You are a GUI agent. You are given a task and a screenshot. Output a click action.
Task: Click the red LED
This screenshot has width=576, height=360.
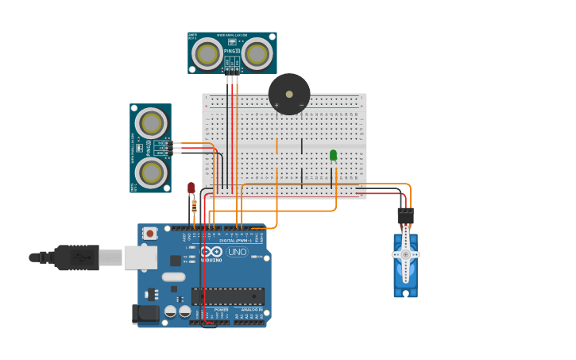pyautogui.click(x=191, y=188)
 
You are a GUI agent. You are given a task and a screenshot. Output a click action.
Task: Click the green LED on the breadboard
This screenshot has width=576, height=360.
pyautogui.click(x=333, y=155)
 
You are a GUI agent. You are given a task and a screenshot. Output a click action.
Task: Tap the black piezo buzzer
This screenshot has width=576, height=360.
pyautogui.click(x=289, y=94)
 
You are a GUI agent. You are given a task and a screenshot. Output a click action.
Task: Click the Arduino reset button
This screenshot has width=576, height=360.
pyautogui.click(x=149, y=234)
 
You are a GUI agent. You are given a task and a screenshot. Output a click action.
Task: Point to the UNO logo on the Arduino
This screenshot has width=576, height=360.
pyautogui.click(x=237, y=252)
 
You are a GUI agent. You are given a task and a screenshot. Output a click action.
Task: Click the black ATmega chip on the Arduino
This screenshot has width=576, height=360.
pyautogui.click(x=228, y=296)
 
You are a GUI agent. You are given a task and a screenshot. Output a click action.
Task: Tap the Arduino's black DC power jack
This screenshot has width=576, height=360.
pyautogui.click(x=146, y=314)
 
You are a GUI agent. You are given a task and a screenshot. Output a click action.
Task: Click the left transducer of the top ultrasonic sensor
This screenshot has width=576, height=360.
pyautogui.click(x=208, y=54)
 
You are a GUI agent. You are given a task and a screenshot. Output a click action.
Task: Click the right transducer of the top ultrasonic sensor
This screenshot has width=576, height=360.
pyautogui.click(x=257, y=54)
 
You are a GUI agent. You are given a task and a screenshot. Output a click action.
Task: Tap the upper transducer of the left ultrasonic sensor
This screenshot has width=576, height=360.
pyautogui.click(x=151, y=122)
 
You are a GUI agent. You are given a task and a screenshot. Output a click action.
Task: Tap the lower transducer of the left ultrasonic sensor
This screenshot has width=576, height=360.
pyautogui.click(x=151, y=172)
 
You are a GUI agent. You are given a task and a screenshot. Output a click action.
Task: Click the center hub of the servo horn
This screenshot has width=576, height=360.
pyautogui.click(x=405, y=254)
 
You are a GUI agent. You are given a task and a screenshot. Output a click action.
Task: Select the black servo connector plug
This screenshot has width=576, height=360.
pyautogui.click(x=405, y=215)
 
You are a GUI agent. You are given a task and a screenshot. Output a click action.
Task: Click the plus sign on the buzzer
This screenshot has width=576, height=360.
pyautogui.click(x=276, y=105)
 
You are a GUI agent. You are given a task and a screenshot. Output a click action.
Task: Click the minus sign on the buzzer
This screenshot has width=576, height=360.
pyautogui.click(x=301, y=105)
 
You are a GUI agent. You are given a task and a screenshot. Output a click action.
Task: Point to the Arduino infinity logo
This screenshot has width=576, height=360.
pyautogui.click(x=211, y=252)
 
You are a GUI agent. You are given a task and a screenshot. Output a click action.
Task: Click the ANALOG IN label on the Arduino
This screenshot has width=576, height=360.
pyautogui.click(x=249, y=309)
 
